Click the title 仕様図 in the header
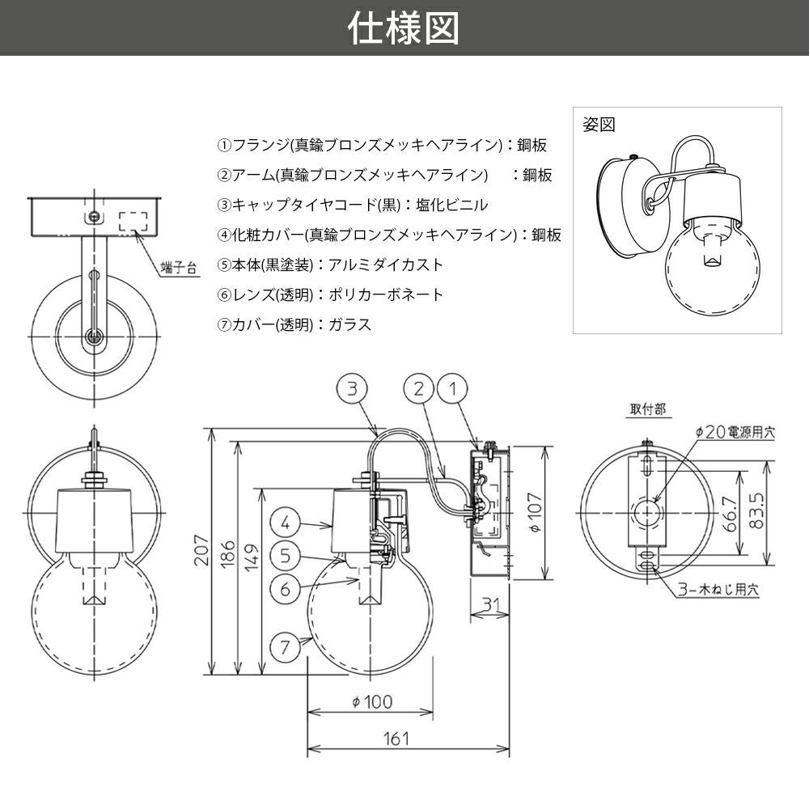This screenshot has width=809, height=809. (x=404, y=28)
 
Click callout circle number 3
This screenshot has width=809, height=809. (x=352, y=388)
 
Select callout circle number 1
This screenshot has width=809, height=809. (x=452, y=388)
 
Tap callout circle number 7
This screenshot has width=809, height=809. (x=286, y=646)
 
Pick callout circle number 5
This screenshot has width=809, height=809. (x=286, y=556)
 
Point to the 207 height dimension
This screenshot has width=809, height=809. (x=201, y=550)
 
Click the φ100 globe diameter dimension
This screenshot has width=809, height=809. (x=372, y=701)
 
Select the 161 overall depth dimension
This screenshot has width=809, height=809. (x=396, y=739)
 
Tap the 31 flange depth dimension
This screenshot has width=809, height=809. (x=489, y=604)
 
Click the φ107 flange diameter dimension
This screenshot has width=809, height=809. (x=535, y=512)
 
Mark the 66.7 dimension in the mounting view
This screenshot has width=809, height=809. (x=730, y=514)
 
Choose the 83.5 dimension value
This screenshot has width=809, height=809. (x=756, y=510)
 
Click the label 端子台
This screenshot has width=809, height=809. (x=179, y=268)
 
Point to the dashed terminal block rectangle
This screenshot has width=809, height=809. (x=133, y=222)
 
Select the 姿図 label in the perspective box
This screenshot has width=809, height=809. (x=599, y=125)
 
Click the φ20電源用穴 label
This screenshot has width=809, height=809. (x=735, y=432)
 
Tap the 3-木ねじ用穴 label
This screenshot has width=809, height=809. (x=718, y=589)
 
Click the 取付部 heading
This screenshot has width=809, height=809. (x=648, y=409)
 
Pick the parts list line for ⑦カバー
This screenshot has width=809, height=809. (x=294, y=324)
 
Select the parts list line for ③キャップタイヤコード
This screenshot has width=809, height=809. (x=353, y=205)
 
